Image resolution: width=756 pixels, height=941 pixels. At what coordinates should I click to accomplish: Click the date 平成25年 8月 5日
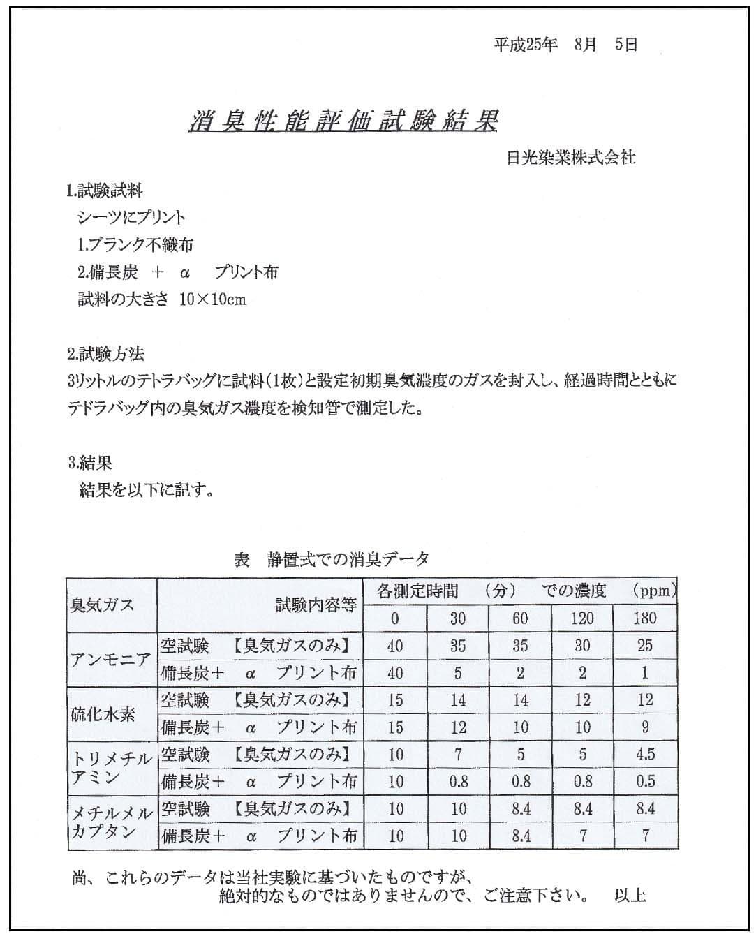[x=565, y=45]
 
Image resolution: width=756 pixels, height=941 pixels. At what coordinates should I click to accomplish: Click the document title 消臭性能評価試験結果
[x=343, y=121]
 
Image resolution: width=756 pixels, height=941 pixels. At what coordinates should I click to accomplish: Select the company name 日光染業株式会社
[x=571, y=158]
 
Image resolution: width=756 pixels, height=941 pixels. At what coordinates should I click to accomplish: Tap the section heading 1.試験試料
[x=105, y=191]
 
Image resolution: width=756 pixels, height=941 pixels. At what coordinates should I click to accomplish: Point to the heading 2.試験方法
[x=105, y=354]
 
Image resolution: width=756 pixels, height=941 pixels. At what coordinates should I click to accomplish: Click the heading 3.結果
[x=90, y=463]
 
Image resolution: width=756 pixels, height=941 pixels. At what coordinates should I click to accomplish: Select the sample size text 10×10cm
[x=212, y=299]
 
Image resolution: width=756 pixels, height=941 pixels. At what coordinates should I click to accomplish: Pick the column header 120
[x=582, y=618]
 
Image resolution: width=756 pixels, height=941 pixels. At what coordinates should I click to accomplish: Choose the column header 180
[x=645, y=618]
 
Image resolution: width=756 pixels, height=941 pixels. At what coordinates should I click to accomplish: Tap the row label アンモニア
[x=111, y=659]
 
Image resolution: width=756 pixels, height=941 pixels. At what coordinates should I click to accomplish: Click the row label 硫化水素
[x=102, y=714]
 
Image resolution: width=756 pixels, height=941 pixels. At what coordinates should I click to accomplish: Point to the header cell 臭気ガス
[x=102, y=605]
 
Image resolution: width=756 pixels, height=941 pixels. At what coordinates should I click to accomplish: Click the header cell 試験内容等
[x=316, y=605]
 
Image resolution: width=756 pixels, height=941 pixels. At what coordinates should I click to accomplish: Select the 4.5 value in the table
[x=645, y=755]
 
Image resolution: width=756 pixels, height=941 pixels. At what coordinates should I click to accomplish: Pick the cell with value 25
[x=645, y=646]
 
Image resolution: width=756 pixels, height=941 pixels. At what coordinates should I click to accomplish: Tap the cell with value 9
[x=645, y=727]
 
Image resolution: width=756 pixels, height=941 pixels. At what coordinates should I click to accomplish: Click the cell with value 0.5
[x=645, y=781]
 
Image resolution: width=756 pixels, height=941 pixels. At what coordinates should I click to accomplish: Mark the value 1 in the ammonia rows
[x=645, y=673]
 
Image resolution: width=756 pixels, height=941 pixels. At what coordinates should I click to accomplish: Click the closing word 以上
[x=630, y=896]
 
